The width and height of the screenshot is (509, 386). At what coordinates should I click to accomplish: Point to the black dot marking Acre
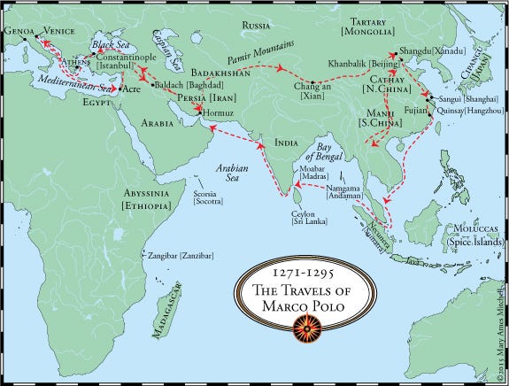coord(116,89)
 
